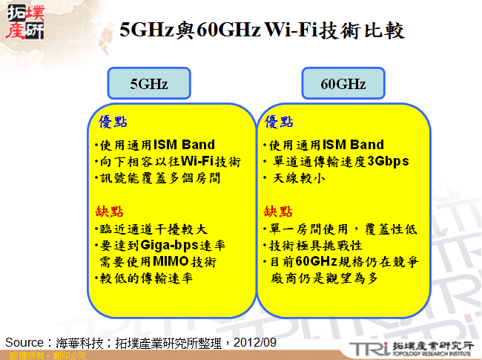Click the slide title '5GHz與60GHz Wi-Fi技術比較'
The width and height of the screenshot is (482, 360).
click(x=263, y=30)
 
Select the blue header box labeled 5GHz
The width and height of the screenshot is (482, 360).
click(x=149, y=84)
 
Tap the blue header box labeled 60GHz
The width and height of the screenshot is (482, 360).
click(x=343, y=84)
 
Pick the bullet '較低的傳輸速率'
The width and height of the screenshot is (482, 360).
click(x=145, y=279)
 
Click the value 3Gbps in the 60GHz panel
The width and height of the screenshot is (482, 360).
click(x=388, y=162)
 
